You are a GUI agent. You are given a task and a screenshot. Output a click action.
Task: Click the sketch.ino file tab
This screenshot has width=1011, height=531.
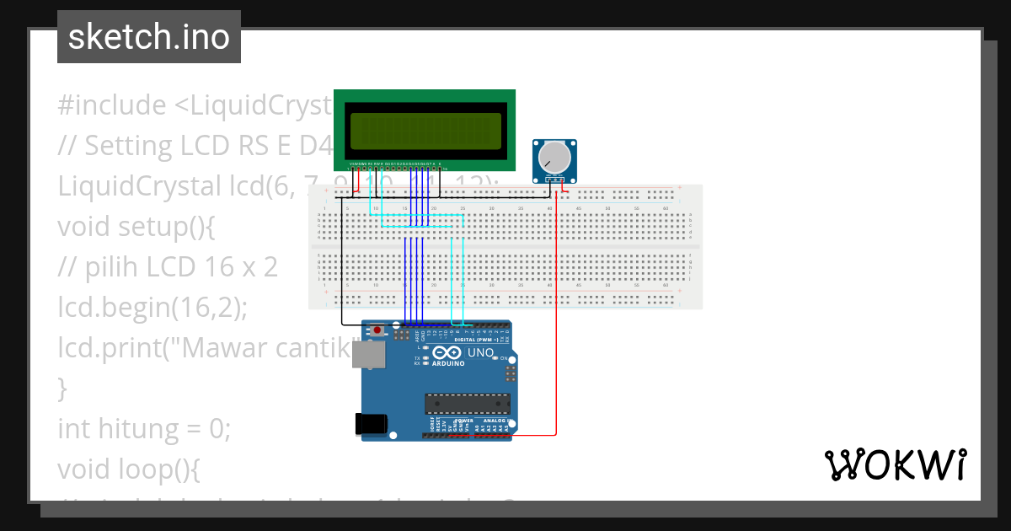149,37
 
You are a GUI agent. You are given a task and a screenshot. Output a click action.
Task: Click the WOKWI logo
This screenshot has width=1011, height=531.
895,464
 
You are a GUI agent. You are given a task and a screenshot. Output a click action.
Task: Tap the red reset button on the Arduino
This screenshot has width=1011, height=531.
378,330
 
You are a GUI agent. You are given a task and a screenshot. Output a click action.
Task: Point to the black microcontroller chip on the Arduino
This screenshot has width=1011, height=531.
467,404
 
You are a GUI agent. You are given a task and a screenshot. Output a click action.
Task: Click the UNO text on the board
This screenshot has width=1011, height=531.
480,352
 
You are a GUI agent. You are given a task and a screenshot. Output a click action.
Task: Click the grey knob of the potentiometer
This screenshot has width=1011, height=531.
554,156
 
